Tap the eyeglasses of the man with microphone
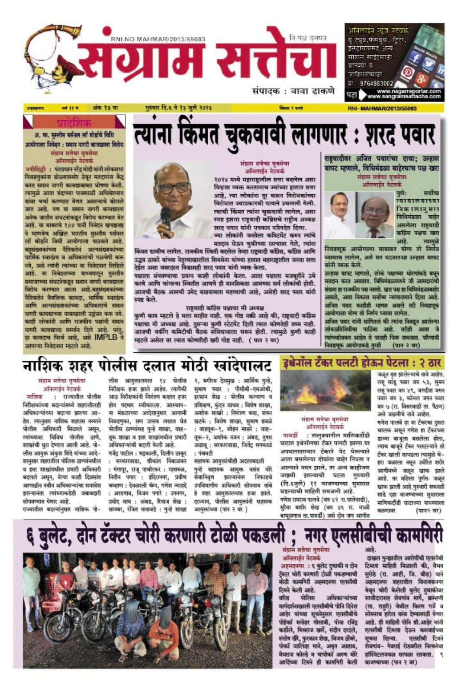pos(173,188)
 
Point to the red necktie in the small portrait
pos(373,233)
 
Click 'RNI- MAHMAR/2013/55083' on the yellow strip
pos(382,108)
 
